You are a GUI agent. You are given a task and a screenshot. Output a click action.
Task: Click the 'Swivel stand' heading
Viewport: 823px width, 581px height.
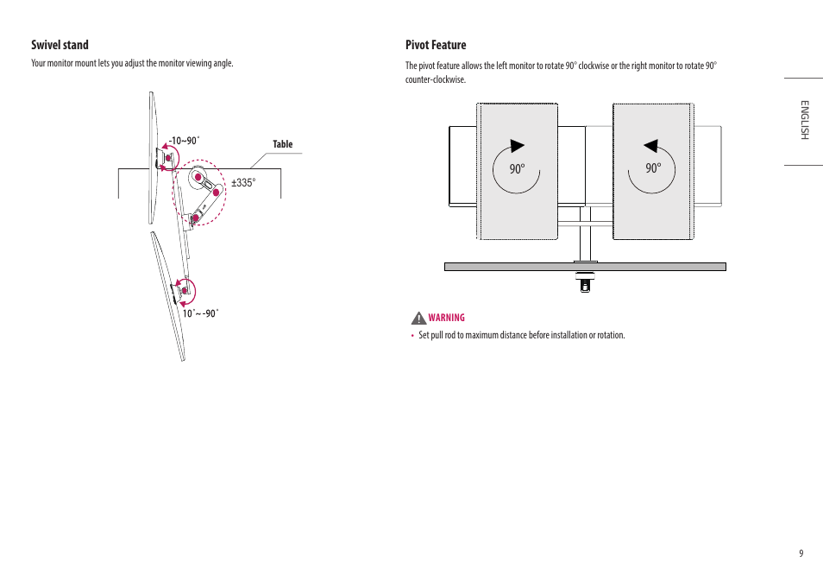click(x=60, y=45)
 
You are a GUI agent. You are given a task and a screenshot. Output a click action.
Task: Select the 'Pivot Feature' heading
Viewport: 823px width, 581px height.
click(x=436, y=45)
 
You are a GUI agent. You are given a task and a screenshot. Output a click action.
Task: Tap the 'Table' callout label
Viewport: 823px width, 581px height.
click(x=283, y=144)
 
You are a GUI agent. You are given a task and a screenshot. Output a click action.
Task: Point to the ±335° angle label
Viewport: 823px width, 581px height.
click(x=243, y=183)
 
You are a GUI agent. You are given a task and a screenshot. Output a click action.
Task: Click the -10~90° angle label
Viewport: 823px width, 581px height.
click(x=184, y=140)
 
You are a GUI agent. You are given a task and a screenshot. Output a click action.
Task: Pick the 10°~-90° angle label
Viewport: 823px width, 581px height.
click(x=200, y=313)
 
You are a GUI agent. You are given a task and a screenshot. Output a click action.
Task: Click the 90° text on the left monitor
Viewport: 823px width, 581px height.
click(x=517, y=169)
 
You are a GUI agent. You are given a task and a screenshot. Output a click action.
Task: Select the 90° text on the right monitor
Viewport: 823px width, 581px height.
click(x=653, y=169)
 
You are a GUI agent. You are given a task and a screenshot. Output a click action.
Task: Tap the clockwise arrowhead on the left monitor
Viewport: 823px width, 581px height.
click(x=518, y=146)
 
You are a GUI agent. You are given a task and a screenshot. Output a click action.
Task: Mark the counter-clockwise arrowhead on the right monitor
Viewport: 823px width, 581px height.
click(x=651, y=146)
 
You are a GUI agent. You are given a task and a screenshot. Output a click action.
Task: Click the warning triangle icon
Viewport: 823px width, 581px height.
click(x=418, y=318)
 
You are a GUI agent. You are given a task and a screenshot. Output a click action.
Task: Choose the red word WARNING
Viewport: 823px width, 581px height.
click(x=446, y=318)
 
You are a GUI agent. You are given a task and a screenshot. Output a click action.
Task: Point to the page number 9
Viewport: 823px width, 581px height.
click(x=801, y=553)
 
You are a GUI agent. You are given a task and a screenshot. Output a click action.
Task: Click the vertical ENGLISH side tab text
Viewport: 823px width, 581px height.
click(x=803, y=120)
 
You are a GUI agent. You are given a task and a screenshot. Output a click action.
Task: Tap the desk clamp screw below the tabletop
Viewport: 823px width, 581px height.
click(x=585, y=283)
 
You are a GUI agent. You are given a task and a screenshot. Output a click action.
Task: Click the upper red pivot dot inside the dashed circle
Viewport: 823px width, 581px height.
click(x=198, y=178)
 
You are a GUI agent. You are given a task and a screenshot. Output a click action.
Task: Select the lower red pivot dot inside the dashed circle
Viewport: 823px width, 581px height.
click(x=195, y=218)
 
